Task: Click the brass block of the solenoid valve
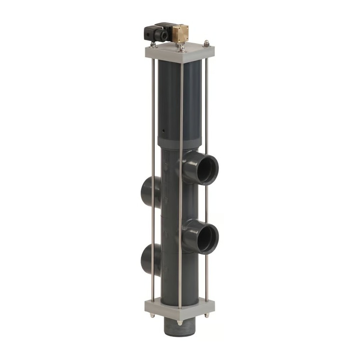click(x=181, y=33)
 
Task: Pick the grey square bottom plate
click(x=180, y=309)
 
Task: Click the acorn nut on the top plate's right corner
click(x=207, y=43)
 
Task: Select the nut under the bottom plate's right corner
click(x=207, y=315)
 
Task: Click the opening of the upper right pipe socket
click(x=207, y=169)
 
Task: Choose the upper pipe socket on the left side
click(x=149, y=192)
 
